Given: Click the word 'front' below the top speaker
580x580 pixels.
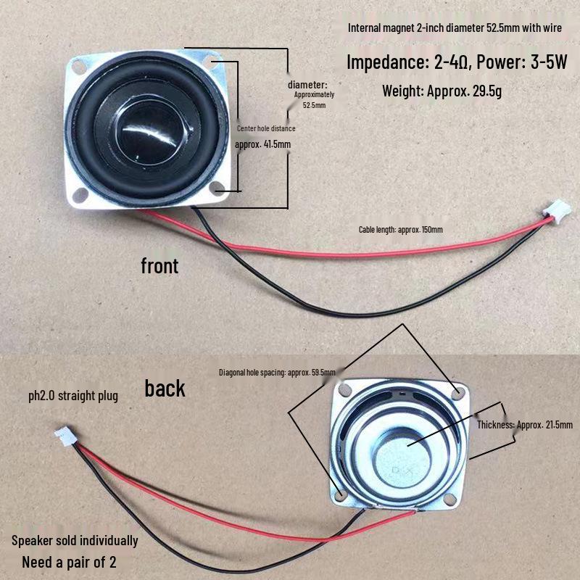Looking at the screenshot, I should coord(159,266).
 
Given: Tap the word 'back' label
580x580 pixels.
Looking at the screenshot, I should coord(165,389).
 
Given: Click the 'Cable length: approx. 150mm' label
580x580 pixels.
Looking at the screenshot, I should coord(400,230).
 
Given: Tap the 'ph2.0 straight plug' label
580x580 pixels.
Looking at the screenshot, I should coord(72,396).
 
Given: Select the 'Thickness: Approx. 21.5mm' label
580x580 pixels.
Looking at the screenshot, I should coord(524,425).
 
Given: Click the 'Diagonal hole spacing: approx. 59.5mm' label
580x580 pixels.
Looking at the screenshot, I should coord(277,373).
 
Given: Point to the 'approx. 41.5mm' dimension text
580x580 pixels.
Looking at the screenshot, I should coord(263,144).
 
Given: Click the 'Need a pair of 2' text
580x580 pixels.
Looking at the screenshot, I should coord(69,562).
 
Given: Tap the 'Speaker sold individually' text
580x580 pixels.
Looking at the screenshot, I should coord(75,541).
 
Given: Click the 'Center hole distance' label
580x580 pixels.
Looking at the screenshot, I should coord(266,128).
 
